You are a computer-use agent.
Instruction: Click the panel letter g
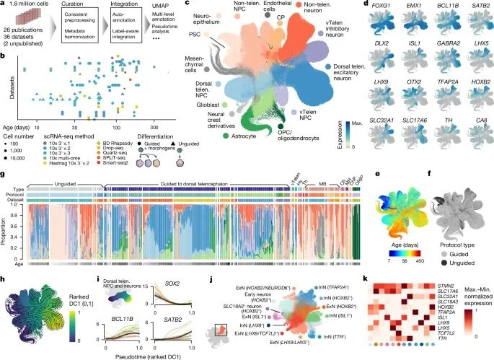click(x=5, y=175)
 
